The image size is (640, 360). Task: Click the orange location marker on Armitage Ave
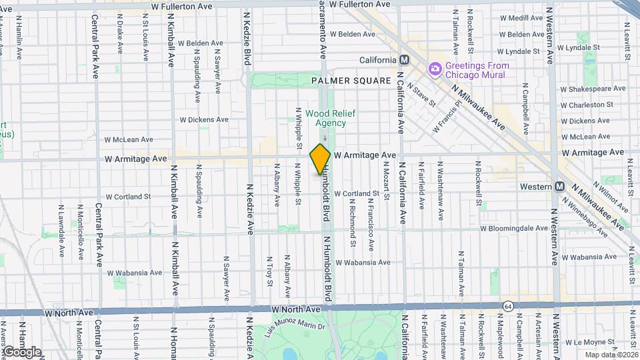coord(320,159)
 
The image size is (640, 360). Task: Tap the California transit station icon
coord(403,60)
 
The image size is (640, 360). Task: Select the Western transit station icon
coord(560,187)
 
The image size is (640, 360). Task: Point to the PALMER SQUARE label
coord(351,81)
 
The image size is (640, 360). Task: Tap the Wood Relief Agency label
coord(326,118)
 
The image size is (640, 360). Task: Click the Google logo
coord(21,352)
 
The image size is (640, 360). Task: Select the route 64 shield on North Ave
coord(508,305)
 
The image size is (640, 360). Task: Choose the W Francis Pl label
coord(447,117)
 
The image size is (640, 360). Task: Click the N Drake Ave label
coord(121,37)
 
